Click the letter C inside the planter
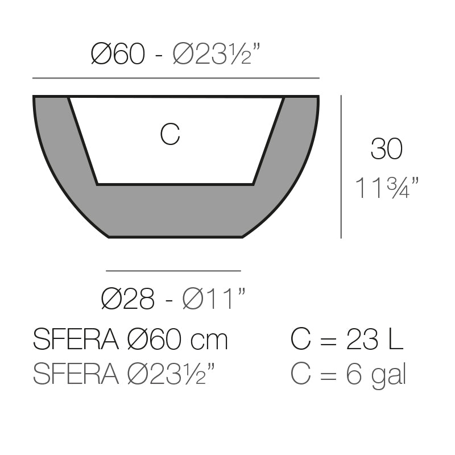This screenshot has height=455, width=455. click(x=170, y=135)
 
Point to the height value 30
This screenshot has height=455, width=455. click(x=386, y=149)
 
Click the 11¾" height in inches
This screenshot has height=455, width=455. click(x=387, y=188)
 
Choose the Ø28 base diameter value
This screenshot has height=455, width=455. click(x=127, y=299)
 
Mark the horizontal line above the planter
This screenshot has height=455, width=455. click(x=176, y=78)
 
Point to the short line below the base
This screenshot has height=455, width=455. click(x=173, y=271)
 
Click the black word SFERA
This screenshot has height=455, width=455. click(x=76, y=340)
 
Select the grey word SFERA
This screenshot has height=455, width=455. click(x=76, y=374)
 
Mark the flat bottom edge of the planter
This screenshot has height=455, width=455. click(x=176, y=237)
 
